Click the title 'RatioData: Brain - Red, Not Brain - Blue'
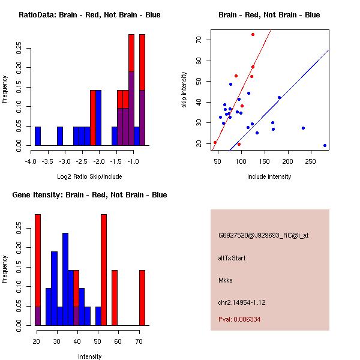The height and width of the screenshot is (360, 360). pos(89,15)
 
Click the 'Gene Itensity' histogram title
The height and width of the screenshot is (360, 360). pos(89,195)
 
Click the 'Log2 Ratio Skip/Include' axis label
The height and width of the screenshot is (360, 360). pos(89,176)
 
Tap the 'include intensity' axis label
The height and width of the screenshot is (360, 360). pos(269,176)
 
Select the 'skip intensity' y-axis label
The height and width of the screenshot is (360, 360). pos(184,89)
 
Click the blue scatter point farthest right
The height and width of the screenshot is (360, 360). pos(325,145)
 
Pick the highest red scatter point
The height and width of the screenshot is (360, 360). pos(253,34)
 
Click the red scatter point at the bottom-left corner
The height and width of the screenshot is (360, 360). pos(215,143)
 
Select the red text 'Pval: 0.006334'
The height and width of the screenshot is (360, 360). pos(239,319)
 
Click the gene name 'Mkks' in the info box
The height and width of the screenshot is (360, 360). pos(226,280)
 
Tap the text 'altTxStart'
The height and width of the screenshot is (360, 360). pos(232,258)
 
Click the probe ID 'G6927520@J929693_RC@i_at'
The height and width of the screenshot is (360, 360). pos(263,236)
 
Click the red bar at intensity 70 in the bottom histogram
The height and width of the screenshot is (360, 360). pos(142,298)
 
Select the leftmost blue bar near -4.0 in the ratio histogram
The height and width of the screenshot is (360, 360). pos(38,136)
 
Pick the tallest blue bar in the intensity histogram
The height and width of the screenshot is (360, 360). pos(65,279)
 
